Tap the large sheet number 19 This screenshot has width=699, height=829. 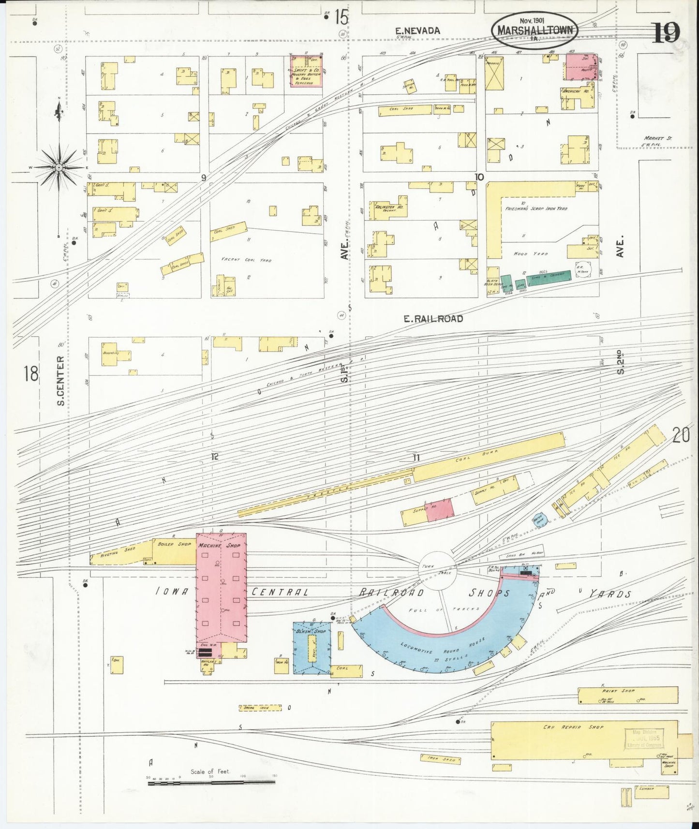pos(668,33)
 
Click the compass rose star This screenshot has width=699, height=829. pos(59,167)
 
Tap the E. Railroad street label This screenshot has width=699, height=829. pos(433,319)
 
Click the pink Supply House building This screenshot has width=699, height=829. pos(440,509)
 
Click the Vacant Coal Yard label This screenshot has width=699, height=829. pos(246,260)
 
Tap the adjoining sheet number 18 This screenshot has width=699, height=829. pos(31,373)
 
